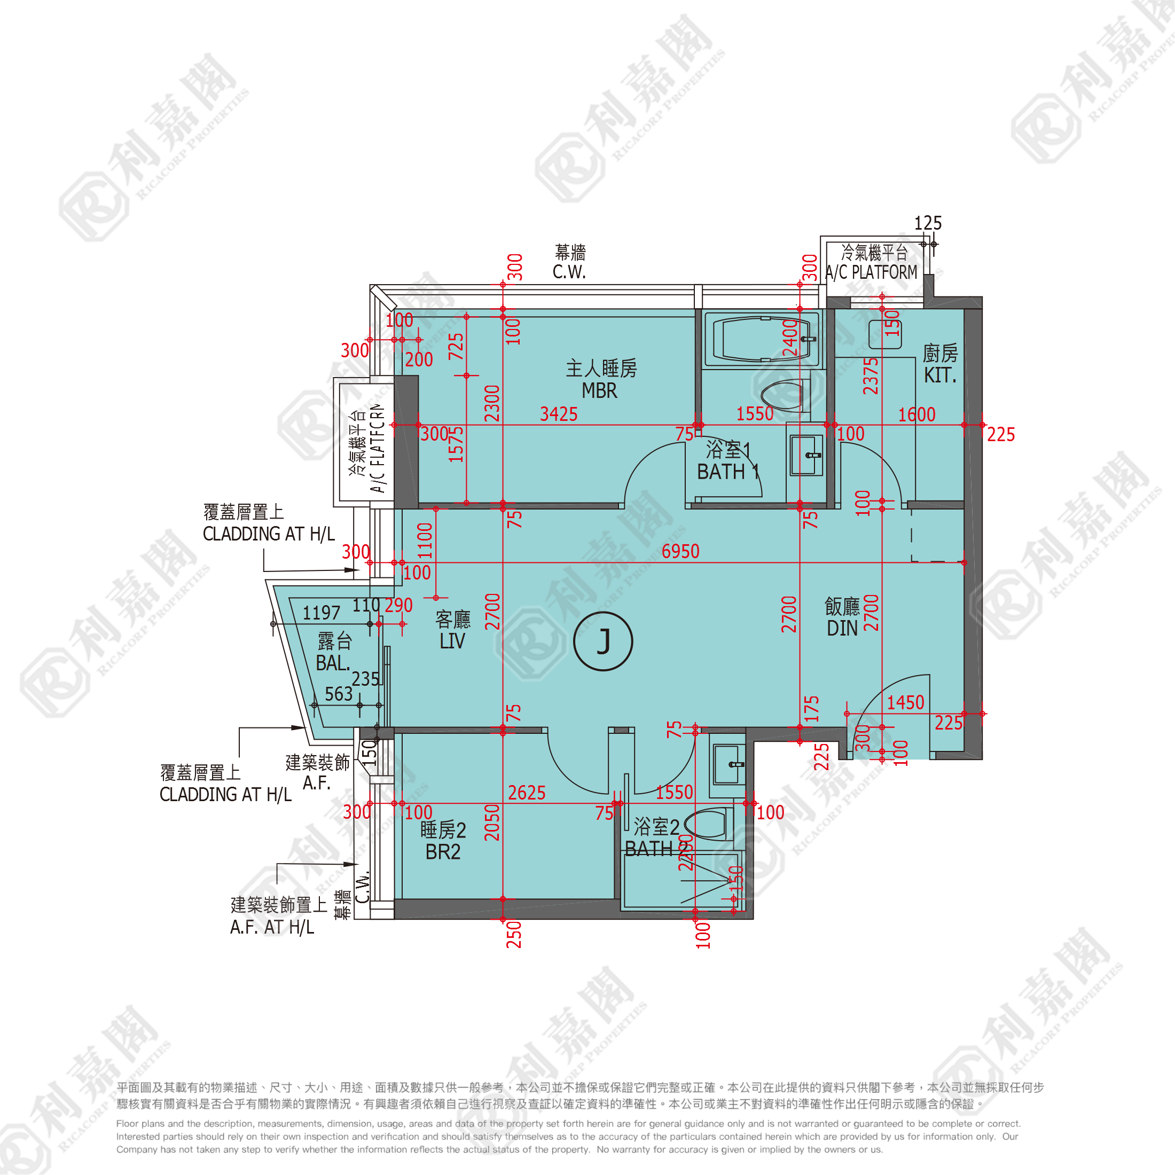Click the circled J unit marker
pyautogui.click(x=602, y=641)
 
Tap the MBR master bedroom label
pyautogui.click(x=600, y=390)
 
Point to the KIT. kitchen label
pyautogui.click(x=939, y=375)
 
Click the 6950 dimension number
pyautogui.click(x=680, y=551)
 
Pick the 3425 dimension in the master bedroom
pyautogui.click(x=558, y=414)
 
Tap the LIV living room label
pyautogui.click(x=452, y=641)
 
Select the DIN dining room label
pyautogui.click(x=842, y=628)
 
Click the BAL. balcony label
pyautogui.click(x=333, y=663)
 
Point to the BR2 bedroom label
pyautogui.click(x=443, y=852)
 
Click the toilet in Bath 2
pyautogui.click(x=709, y=824)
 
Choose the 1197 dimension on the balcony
pyautogui.click(x=321, y=613)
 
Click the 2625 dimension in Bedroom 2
pyautogui.click(x=527, y=793)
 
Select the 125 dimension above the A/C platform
pyautogui.click(x=928, y=223)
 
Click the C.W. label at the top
pyautogui.click(x=569, y=272)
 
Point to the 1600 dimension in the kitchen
pyautogui.click(x=916, y=415)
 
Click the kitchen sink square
pyautogui.click(x=885, y=334)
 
